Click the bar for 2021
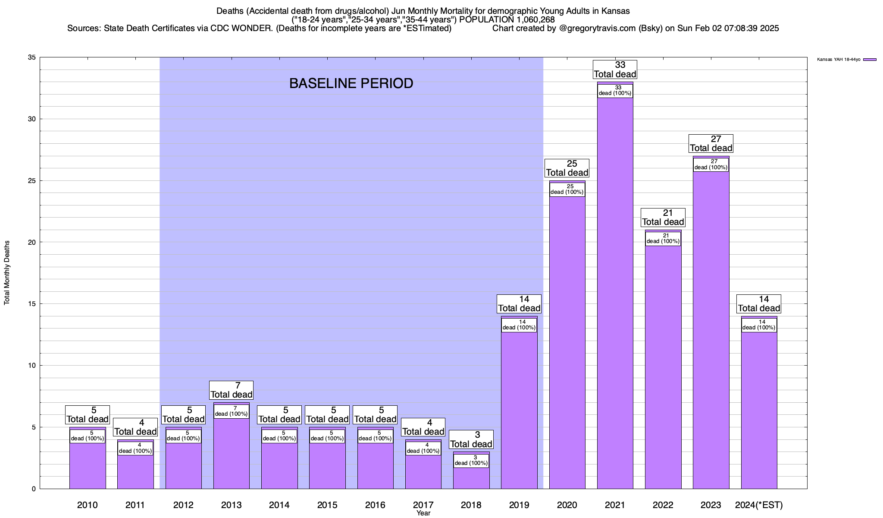615,294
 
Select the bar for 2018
471,477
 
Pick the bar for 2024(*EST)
759,410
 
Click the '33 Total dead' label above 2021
615,69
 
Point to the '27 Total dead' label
711,144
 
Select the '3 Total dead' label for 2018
471,439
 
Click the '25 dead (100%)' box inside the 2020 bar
567,190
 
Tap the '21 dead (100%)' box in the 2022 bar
663,238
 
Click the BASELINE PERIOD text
351,83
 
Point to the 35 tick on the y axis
31,57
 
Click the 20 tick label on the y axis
31,242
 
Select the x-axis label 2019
519,505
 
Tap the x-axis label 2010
87,505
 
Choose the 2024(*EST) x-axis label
759,505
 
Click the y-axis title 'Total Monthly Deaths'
7,273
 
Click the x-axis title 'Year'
423,513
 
